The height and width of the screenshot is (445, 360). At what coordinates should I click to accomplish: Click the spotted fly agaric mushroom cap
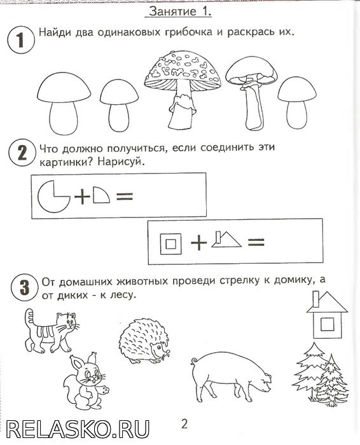[183, 71]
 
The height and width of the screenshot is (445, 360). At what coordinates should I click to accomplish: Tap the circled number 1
[21, 39]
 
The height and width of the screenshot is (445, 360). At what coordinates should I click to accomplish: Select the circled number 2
[22, 153]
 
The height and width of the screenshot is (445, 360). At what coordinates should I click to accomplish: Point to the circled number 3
[25, 287]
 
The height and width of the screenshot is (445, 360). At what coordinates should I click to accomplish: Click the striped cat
[50, 331]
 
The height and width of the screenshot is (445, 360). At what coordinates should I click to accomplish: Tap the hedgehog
[144, 341]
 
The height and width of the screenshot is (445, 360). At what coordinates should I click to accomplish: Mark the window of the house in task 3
[327, 324]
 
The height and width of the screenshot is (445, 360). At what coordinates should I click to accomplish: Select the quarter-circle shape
[101, 195]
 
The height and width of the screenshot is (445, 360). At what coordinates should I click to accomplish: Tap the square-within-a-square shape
[170, 243]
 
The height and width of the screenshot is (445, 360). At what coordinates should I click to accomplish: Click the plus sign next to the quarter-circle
[82, 196]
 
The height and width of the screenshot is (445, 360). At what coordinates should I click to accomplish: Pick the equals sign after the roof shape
[256, 242]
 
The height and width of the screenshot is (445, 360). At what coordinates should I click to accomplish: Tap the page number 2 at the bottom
[184, 424]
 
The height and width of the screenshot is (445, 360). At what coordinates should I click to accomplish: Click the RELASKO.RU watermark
[78, 428]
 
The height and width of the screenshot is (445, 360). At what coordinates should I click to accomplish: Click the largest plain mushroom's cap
[64, 88]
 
